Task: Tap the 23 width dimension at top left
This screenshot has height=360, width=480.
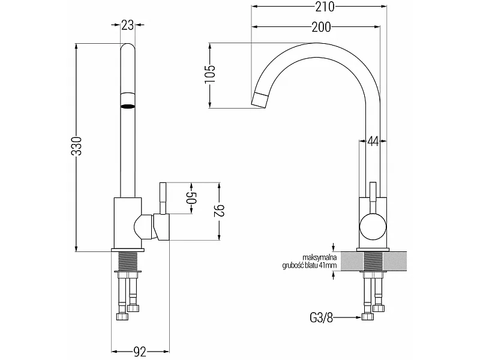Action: [127, 25]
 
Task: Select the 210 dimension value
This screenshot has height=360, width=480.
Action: [325, 7]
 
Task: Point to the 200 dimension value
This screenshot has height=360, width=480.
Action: [321, 27]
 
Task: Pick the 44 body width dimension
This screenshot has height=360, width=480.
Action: [373, 142]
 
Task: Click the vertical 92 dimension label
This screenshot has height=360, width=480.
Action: [219, 211]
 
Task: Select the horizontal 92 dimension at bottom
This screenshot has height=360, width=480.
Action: [140, 352]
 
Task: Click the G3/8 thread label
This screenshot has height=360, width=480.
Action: [321, 318]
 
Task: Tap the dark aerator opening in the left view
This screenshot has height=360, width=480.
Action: [128, 106]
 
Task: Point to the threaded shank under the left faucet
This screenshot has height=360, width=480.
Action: [127, 261]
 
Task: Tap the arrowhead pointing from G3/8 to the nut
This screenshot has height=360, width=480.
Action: [358, 318]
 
